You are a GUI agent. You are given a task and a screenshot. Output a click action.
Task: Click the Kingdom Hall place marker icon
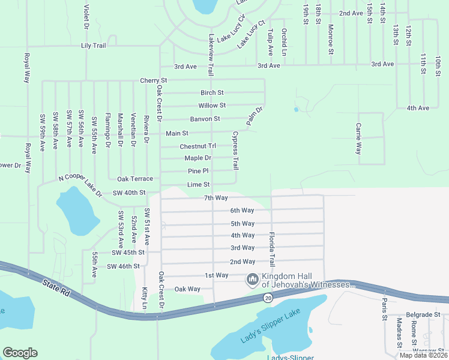252,280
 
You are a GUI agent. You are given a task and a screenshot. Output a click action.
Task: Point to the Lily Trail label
93,46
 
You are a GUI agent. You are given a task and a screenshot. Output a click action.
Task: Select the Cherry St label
153,80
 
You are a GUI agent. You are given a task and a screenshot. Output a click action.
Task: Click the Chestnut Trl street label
197,146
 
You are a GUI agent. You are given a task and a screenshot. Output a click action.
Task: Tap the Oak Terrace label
135,179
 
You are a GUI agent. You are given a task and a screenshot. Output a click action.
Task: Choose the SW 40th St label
129,193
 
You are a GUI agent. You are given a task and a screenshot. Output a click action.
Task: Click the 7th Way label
215,198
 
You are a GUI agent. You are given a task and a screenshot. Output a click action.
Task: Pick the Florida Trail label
272,249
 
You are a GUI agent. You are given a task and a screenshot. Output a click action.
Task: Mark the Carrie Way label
358,139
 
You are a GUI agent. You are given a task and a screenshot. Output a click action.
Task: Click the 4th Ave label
418,108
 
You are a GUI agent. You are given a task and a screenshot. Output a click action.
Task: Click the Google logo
20,353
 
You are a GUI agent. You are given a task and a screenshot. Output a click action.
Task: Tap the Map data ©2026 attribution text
423,355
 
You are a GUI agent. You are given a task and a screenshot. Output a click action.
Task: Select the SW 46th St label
123,266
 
